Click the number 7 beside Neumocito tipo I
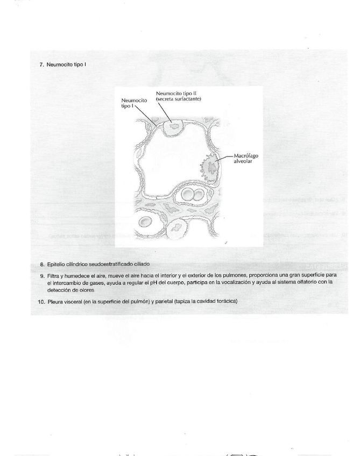click(41, 65)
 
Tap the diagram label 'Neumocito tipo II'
click(172, 94)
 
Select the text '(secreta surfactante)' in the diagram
click(178, 99)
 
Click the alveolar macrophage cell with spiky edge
click(211, 168)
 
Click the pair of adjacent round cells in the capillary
click(192, 194)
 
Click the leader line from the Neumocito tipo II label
click(164, 112)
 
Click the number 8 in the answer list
click(42, 265)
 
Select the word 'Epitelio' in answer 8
click(57, 265)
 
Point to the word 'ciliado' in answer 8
click(141, 265)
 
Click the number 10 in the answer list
click(41, 302)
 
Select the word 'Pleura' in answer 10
click(56, 302)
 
